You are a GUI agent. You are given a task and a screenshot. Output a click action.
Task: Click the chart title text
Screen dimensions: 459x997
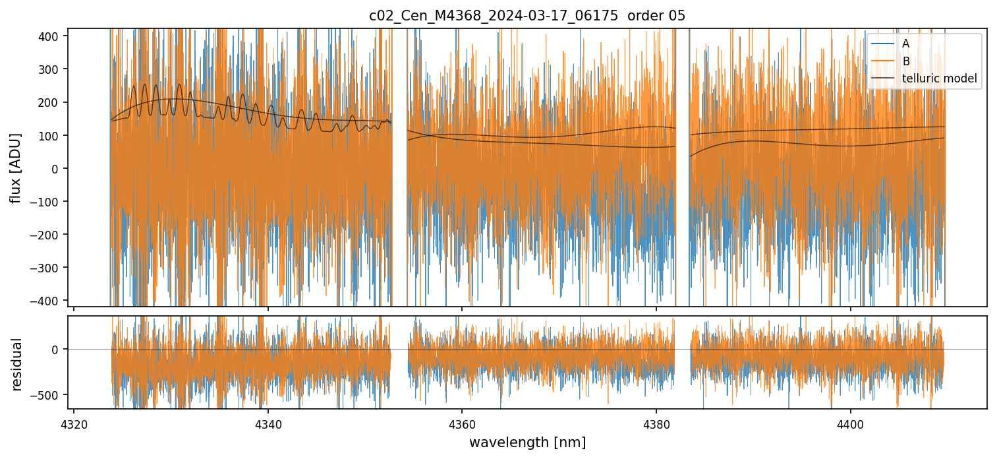click(527, 16)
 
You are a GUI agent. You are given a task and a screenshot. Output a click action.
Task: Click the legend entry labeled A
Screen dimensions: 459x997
click(906, 44)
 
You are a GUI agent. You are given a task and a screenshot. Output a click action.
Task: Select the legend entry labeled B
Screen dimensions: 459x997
click(906, 61)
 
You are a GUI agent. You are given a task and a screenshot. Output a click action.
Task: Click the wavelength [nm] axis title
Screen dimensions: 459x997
click(527, 443)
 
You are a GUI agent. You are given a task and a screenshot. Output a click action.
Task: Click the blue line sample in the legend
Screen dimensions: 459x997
click(884, 44)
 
